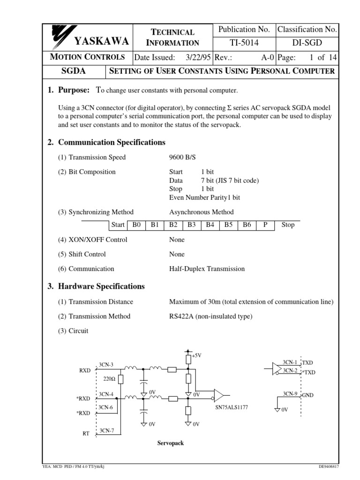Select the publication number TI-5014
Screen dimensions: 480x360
[x=245, y=43]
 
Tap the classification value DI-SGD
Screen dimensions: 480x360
[x=307, y=43]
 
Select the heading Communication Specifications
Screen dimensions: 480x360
[x=111, y=142]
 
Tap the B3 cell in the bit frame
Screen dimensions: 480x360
[x=191, y=225]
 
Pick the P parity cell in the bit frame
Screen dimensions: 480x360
[x=265, y=225]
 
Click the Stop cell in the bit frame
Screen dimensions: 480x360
[x=288, y=225]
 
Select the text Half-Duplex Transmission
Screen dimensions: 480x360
[x=207, y=269]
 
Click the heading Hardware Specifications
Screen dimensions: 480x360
[x=101, y=286]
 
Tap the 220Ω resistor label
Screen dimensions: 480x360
[x=109, y=378]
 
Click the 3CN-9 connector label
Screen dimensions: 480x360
[x=290, y=393]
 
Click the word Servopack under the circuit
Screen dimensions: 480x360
[x=170, y=443]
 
